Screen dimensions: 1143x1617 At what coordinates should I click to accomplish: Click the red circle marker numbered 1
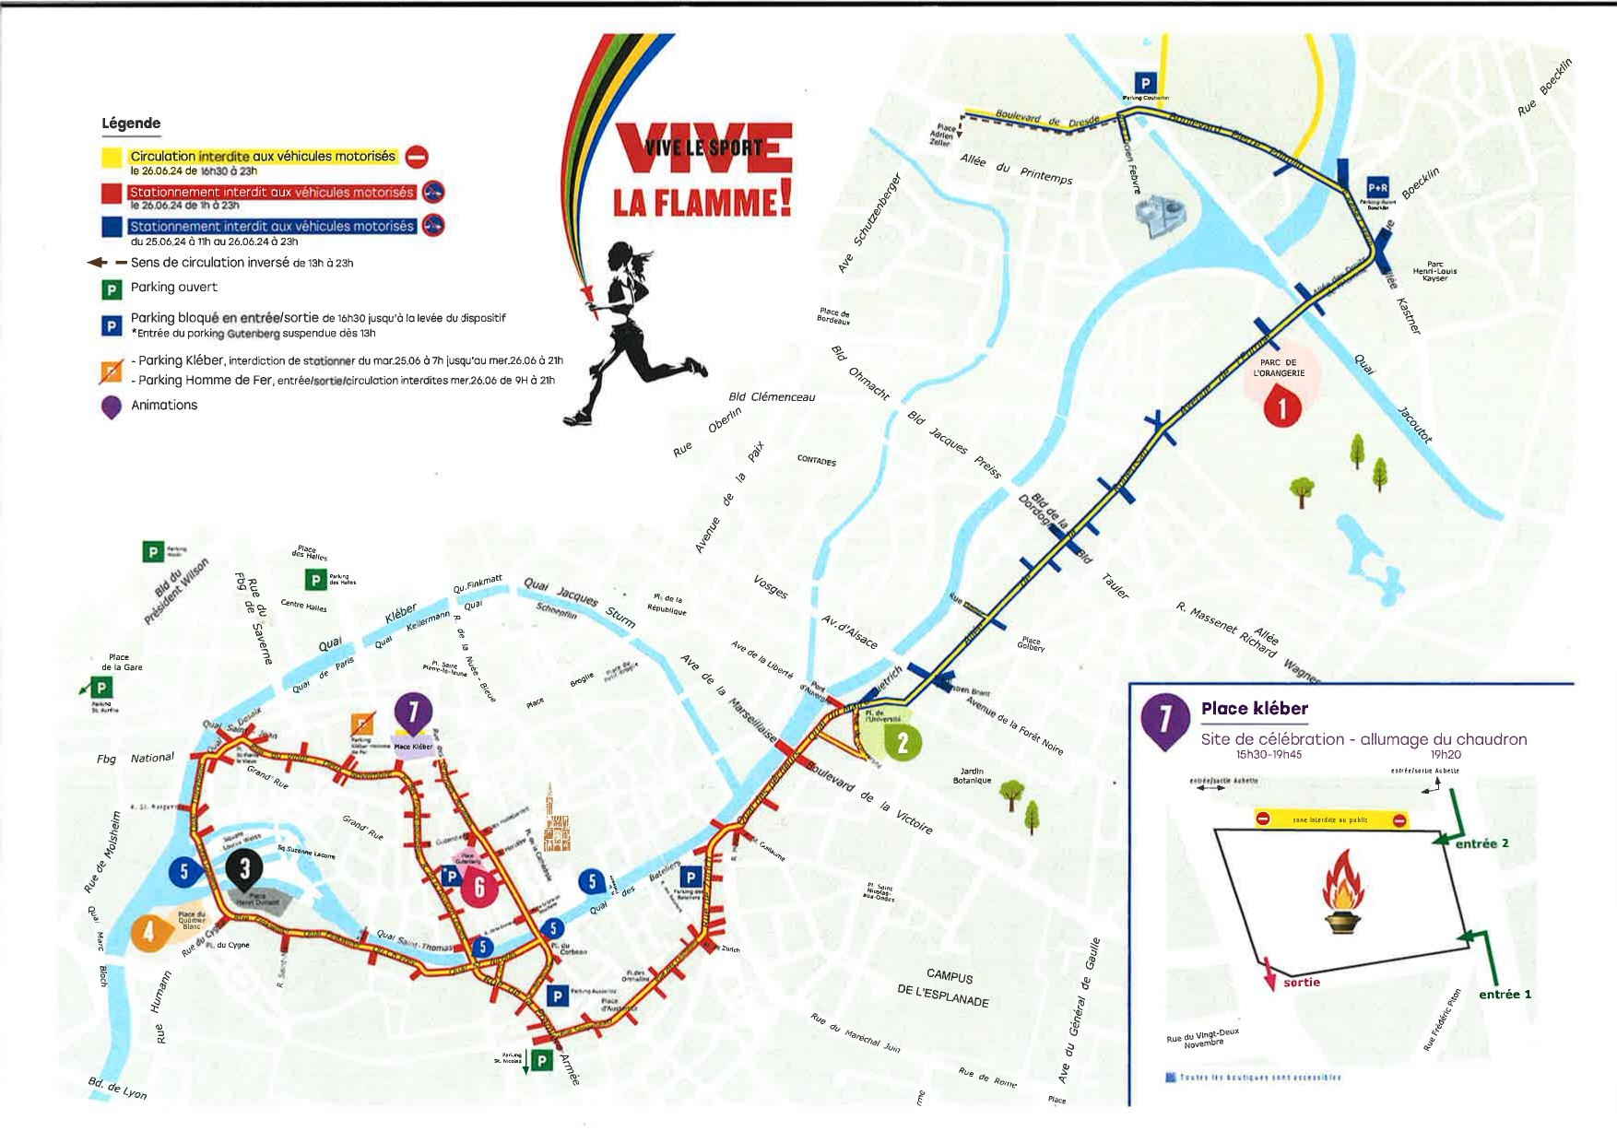tap(1281, 407)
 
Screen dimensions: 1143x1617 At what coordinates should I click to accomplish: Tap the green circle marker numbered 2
tap(903, 742)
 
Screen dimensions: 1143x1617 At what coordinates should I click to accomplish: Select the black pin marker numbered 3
tap(244, 868)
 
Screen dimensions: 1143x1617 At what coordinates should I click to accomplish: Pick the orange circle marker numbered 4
tap(148, 932)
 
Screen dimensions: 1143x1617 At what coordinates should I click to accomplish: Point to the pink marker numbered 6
tap(478, 887)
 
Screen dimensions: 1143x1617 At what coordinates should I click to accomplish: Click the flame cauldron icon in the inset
tap(1343, 893)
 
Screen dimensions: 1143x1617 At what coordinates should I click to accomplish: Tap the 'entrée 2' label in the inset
tap(1481, 843)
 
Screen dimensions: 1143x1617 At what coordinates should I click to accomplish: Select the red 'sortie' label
tap(1301, 983)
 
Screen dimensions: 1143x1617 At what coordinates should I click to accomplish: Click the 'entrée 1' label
tap(1505, 995)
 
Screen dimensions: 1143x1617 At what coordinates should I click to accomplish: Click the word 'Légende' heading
tap(131, 124)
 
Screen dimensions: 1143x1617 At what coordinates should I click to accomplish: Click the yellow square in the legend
tap(112, 158)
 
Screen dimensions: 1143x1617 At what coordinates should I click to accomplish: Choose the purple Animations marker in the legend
tap(112, 407)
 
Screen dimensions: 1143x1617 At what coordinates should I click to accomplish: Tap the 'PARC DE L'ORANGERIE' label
tap(1279, 368)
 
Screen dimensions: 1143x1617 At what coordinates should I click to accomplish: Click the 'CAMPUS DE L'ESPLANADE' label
tap(944, 988)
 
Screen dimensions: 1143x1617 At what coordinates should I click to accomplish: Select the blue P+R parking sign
tap(1377, 188)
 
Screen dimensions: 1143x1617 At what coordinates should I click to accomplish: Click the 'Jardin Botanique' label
tap(972, 775)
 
